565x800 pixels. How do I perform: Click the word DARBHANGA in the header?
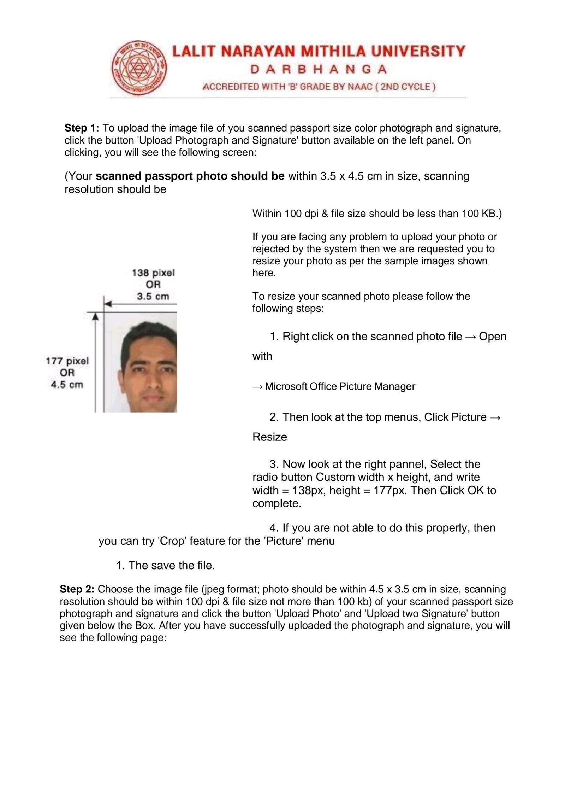(318, 69)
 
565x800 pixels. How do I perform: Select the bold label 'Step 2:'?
(77, 589)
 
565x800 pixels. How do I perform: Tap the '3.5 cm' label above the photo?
(153, 296)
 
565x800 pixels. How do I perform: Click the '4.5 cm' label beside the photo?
(67, 385)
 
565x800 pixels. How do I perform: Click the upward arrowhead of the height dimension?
(95, 317)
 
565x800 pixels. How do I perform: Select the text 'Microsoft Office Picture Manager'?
(340, 386)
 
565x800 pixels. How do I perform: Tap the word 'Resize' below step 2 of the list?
(270, 437)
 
